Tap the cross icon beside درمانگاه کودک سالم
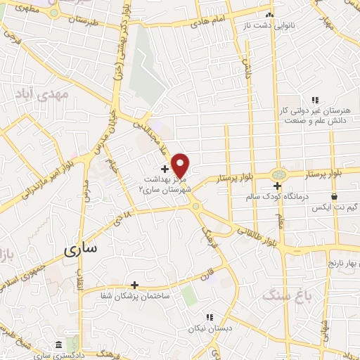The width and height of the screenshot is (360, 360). [278, 186]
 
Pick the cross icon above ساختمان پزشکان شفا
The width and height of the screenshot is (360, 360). [134, 284]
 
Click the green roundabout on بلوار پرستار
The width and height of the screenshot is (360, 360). [279, 172]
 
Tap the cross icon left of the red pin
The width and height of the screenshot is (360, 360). [165, 169]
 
